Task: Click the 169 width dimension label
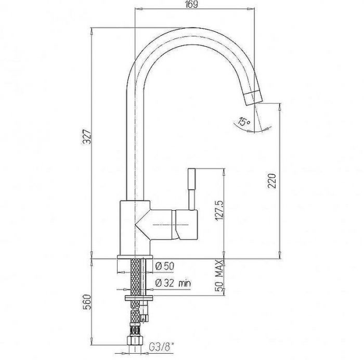(x=191, y=4)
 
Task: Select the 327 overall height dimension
(x=87, y=137)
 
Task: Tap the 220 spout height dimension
(x=272, y=181)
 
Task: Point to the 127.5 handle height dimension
(x=220, y=211)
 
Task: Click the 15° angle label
(x=244, y=121)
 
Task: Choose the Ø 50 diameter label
(x=165, y=266)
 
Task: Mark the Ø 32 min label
(x=173, y=283)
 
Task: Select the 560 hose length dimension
(x=87, y=302)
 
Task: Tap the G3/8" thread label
(x=161, y=347)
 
